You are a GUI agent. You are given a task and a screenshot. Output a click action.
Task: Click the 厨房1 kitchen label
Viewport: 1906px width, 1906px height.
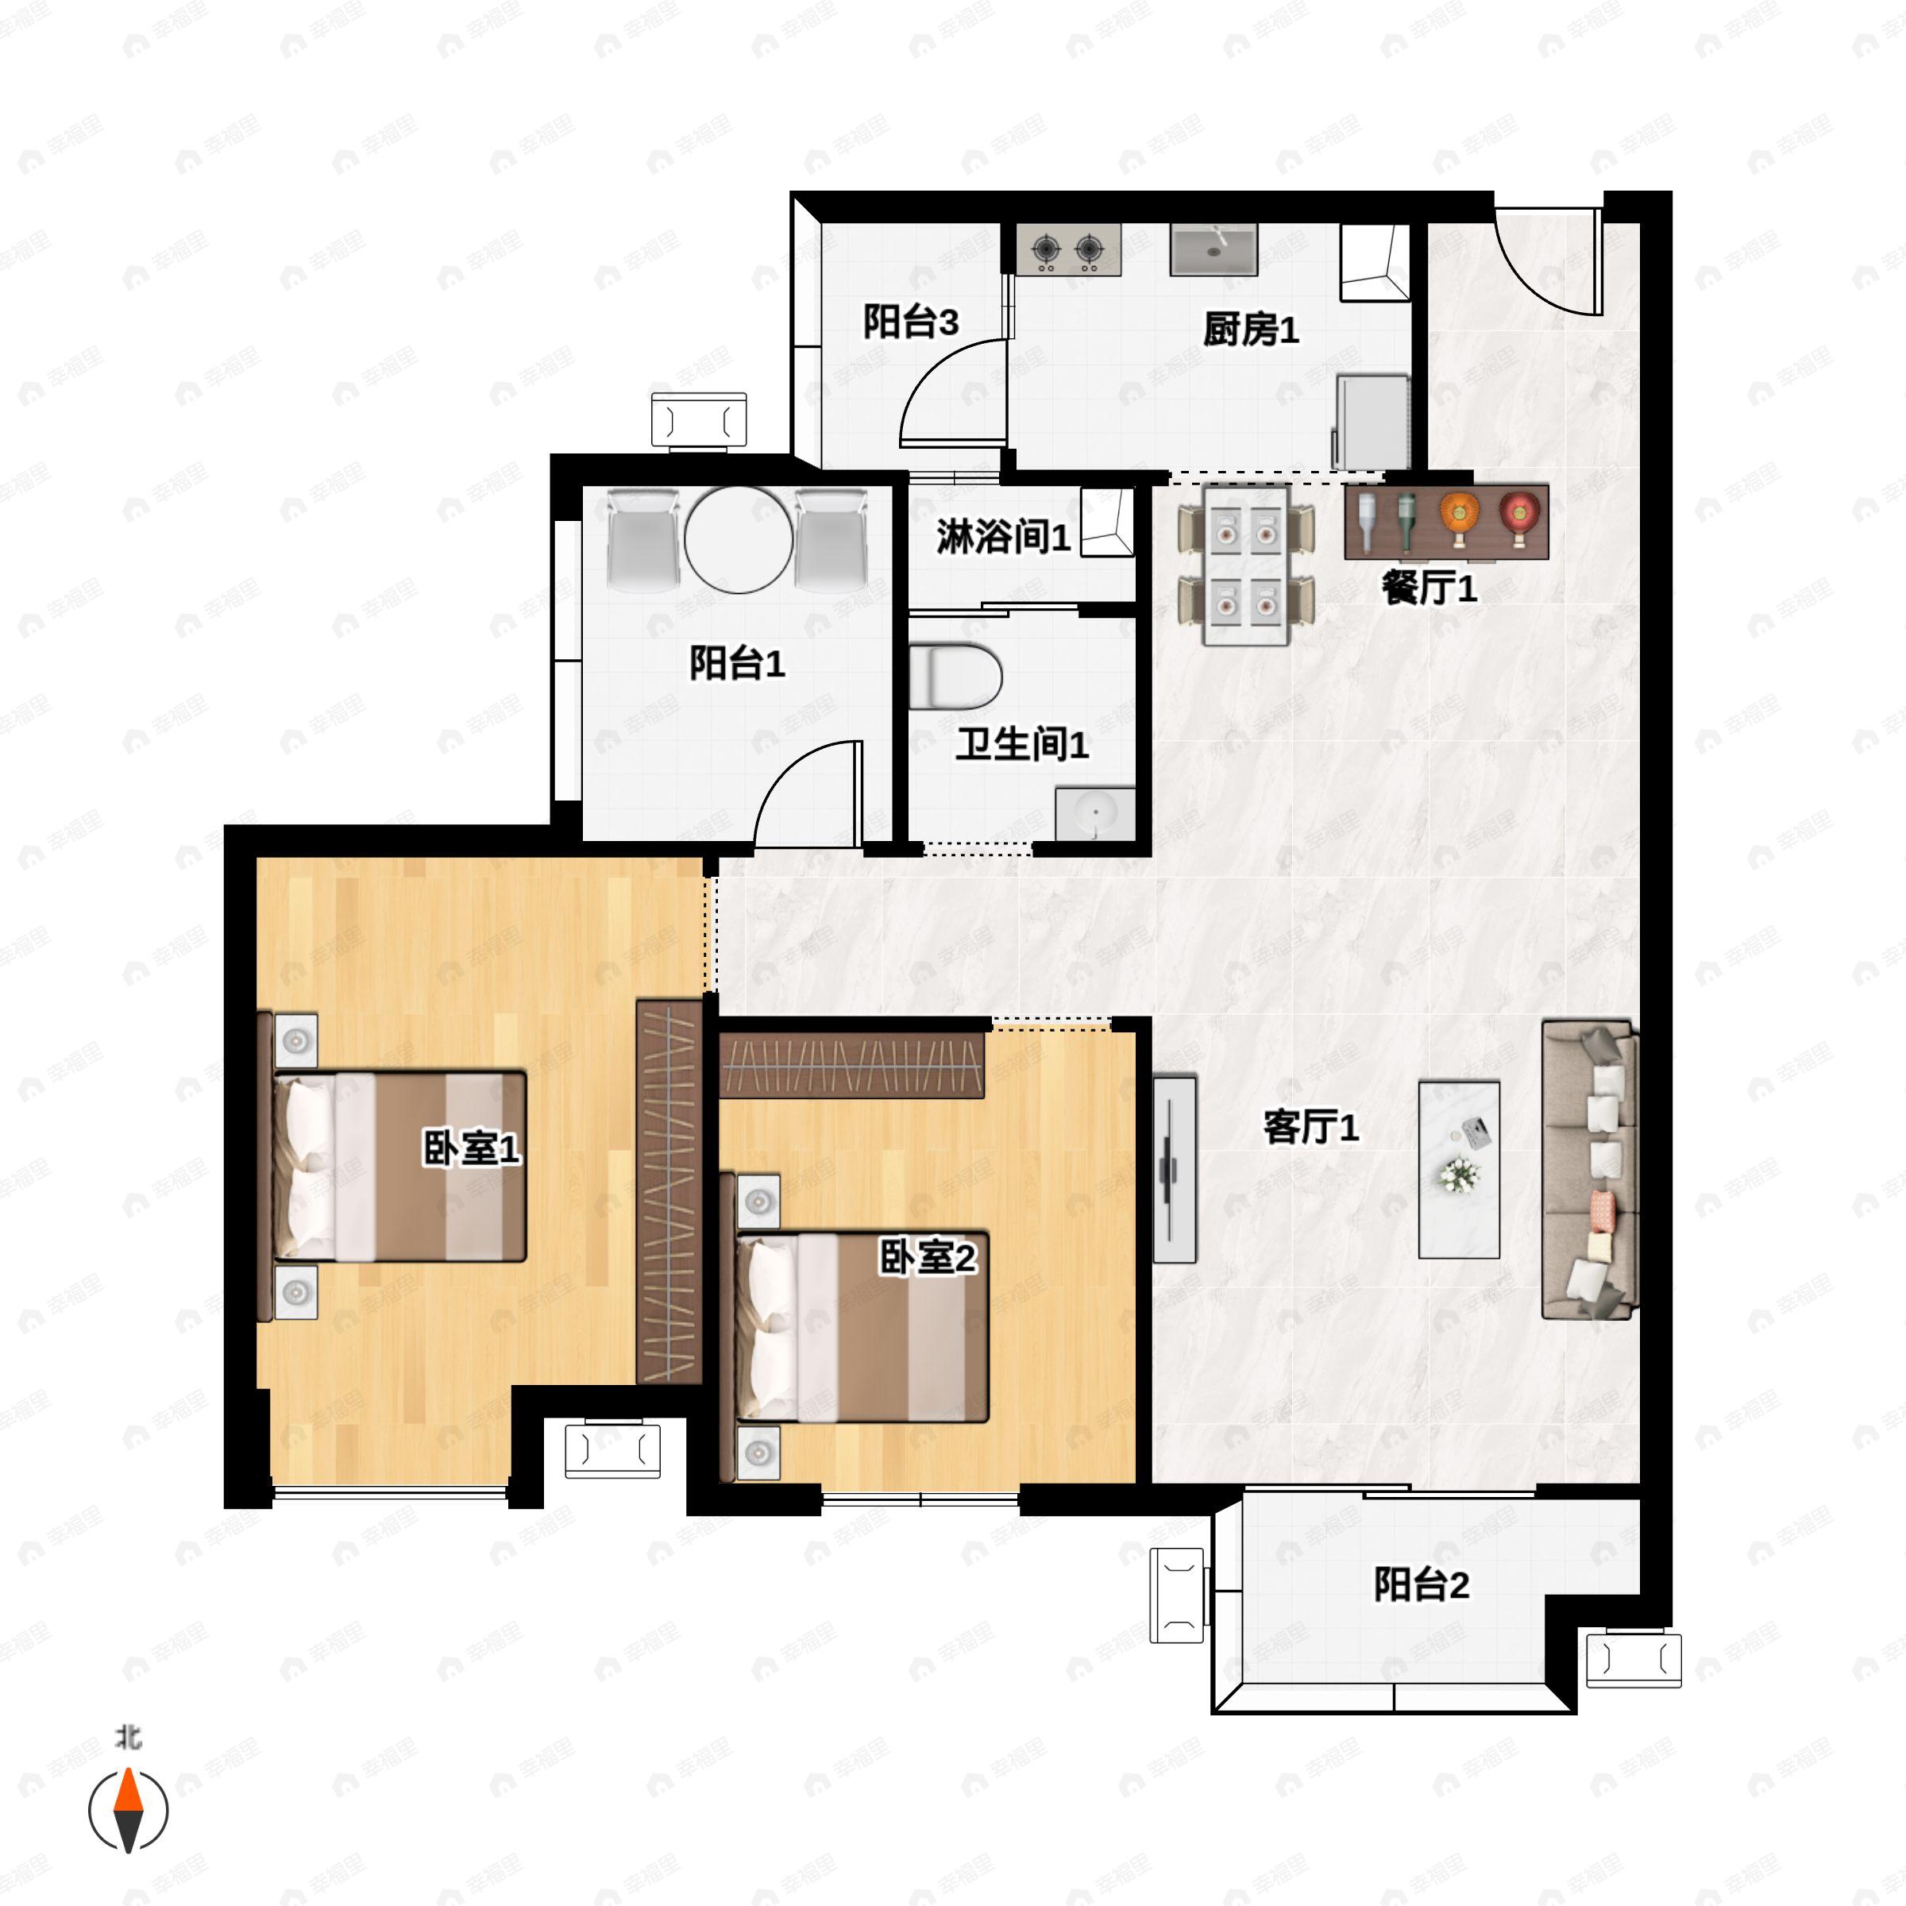point(1250,330)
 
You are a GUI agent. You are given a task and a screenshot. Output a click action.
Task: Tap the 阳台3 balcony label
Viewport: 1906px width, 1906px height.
point(911,322)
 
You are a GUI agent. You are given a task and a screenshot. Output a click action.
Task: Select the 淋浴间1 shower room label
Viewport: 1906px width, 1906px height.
point(1002,537)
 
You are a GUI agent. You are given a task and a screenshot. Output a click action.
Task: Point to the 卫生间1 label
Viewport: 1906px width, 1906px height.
point(1022,744)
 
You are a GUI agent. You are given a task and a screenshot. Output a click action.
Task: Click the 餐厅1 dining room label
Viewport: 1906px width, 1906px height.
point(1429,588)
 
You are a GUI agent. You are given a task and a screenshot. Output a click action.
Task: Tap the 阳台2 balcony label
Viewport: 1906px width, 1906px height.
point(1422,1584)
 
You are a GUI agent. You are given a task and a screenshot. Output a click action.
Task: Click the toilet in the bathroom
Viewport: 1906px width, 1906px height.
point(954,677)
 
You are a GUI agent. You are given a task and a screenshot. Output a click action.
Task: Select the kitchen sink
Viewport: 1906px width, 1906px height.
point(1213,249)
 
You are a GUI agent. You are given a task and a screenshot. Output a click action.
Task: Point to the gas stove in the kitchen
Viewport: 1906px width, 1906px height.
point(1068,249)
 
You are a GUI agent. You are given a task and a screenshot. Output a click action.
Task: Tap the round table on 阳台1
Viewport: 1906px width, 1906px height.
point(738,540)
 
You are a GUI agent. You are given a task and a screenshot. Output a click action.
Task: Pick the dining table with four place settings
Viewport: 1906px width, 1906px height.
point(1246,565)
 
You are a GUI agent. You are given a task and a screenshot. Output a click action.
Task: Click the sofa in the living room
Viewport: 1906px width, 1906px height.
point(1589,1170)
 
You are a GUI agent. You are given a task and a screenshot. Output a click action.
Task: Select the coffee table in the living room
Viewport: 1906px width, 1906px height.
point(1459,1170)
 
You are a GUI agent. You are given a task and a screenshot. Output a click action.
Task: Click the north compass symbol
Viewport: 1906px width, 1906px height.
point(128,1811)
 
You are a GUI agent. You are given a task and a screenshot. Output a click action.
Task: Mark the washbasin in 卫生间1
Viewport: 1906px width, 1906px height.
point(1095,814)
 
